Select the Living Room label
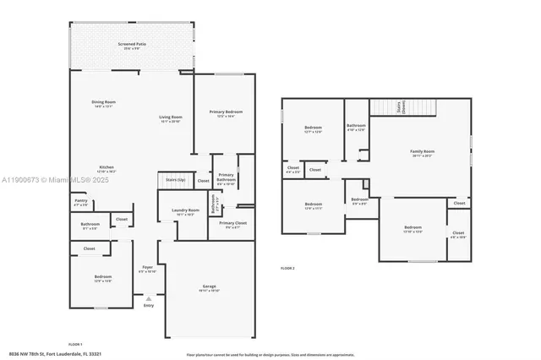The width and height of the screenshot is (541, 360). pyautogui.click(x=171, y=119)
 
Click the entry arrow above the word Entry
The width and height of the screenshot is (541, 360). pyautogui.click(x=149, y=298)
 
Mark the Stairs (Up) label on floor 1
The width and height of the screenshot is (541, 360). pyautogui.click(x=175, y=180)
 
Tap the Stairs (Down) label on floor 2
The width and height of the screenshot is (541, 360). pyautogui.click(x=400, y=107)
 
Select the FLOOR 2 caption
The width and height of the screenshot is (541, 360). pyautogui.click(x=287, y=267)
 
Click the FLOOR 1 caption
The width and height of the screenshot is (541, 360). pyautogui.click(x=75, y=344)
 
